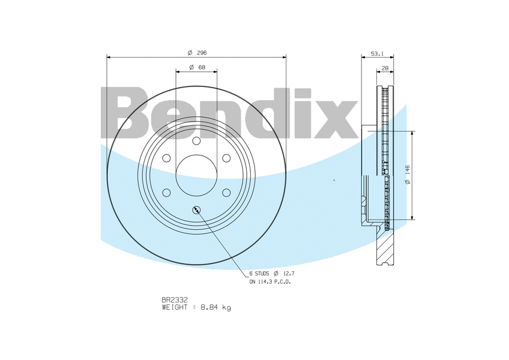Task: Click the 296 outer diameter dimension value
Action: coord(201,53)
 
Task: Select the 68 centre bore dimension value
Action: coord(201,67)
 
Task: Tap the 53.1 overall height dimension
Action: coord(377,53)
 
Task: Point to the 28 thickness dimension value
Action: coord(385,68)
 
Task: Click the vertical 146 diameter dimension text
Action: coord(407,175)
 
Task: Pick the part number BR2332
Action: coord(175,299)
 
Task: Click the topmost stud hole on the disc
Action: coord(196,140)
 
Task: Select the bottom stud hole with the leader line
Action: coord(196,209)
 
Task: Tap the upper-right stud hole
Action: coord(226,158)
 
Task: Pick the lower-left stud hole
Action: coord(166,193)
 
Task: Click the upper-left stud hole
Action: coord(166,158)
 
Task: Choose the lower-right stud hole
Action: coord(226,193)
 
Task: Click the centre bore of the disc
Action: coord(196,175)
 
